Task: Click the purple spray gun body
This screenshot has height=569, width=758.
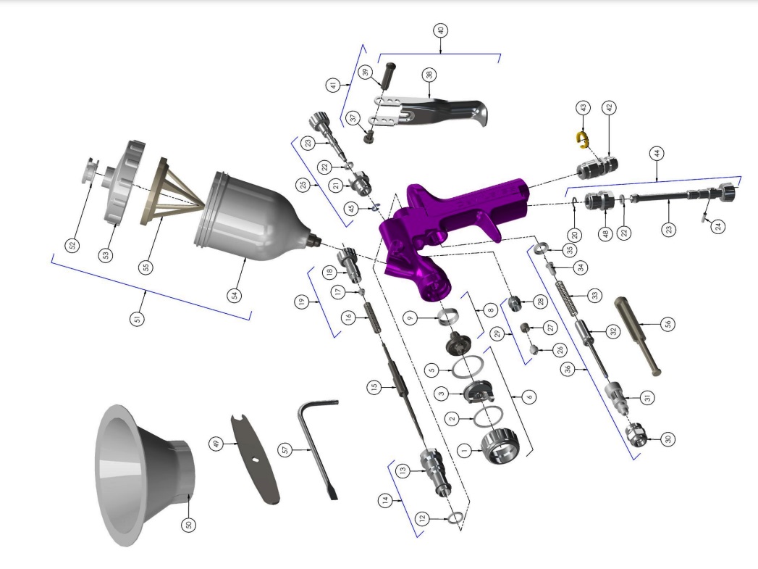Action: [435, 228]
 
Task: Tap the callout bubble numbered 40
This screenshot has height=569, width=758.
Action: [440, 30]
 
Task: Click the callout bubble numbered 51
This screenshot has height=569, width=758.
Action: [138, 319]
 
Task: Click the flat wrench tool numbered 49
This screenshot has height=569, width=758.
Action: [255, 459]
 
